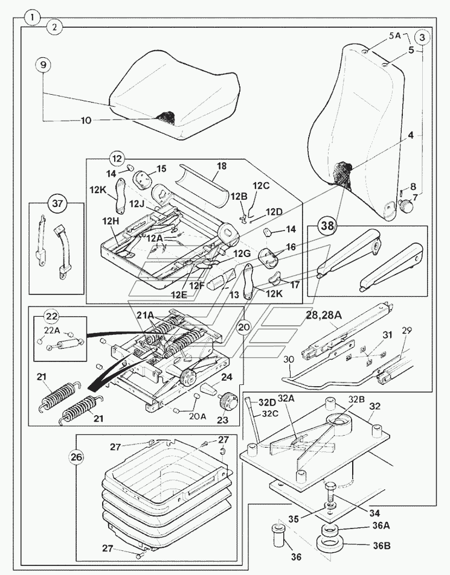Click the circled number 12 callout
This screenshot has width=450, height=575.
click(x=117, y=159)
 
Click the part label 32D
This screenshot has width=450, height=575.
click(x=268, y=402)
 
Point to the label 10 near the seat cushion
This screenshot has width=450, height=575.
click(x=86, y=120)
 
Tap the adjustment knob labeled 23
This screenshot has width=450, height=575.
click(x=227, y=399)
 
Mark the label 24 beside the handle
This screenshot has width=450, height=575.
click(x=228, y=378)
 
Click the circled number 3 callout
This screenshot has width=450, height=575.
click(x=422, y=37)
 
